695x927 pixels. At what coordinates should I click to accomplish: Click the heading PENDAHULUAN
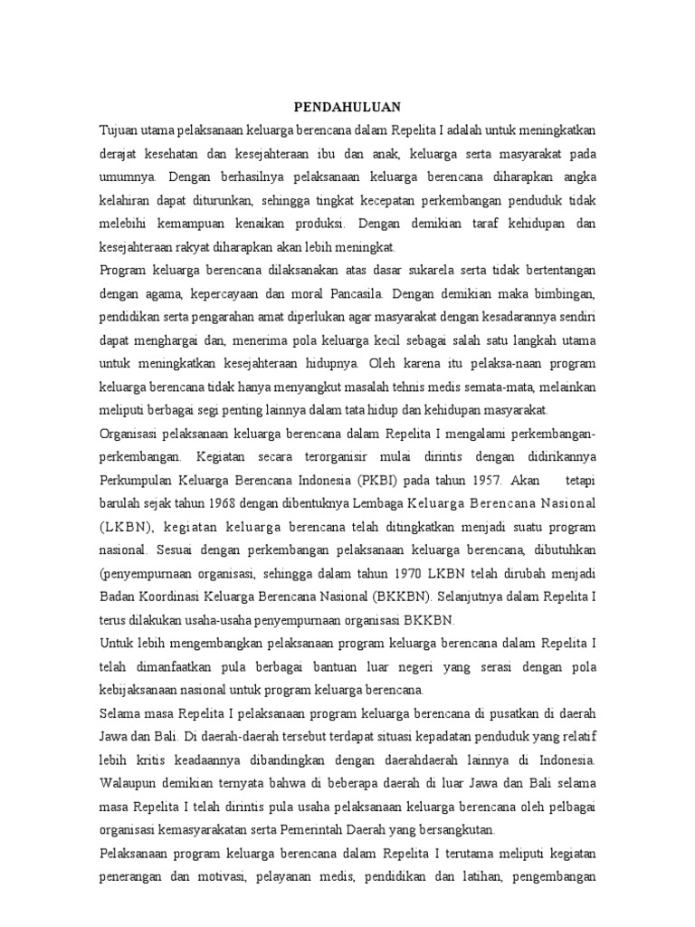point(348,106)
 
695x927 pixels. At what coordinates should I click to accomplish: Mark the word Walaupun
point(130,784)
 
